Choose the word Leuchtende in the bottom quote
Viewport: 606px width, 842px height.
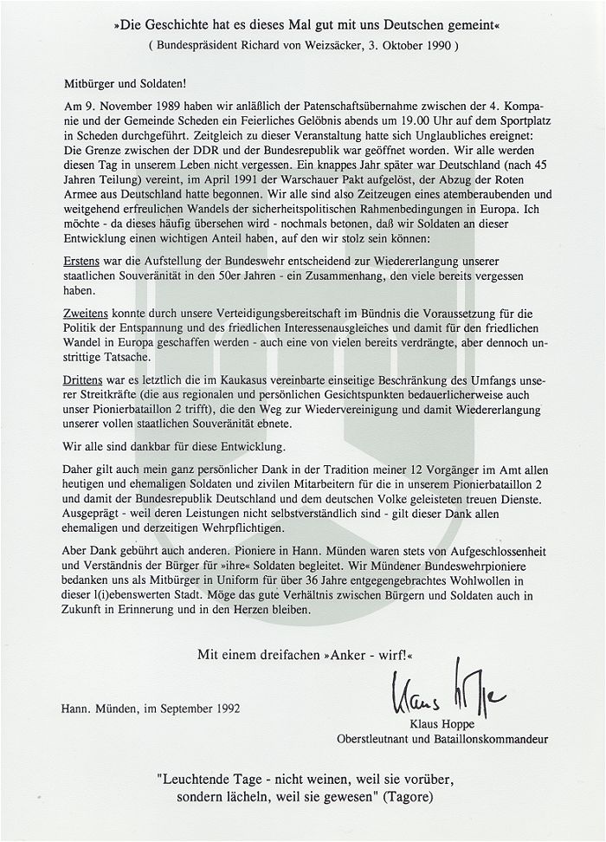tap(197, 776)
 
